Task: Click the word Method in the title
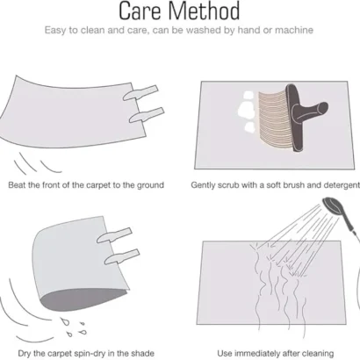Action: [205, 11]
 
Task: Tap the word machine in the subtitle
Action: [294, 30]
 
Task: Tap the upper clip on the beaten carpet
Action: [140, 93]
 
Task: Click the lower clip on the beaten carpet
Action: [147, 115]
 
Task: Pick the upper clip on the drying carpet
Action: [114, 235]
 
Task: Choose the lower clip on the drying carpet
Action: [122, 256]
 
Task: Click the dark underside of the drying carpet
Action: [82, 299]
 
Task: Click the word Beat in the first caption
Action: [17, 185]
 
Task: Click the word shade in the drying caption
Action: [142, 353]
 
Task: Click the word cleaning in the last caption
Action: [317, 354]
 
